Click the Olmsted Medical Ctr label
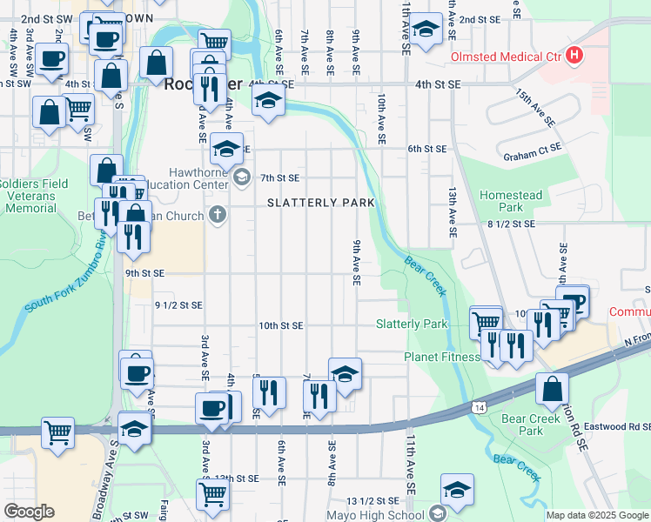click(506, 57)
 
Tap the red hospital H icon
click(574, 56)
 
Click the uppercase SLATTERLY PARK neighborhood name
click(320, 203)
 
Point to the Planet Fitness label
click(442, 357)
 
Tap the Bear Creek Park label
click(522, 425)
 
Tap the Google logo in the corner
click(29, 512)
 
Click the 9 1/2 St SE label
click(178, 305)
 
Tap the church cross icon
click(218, 214)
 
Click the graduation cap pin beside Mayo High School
click(457, 490)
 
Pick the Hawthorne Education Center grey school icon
click(241, 177)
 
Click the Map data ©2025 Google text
click(597, 515)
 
